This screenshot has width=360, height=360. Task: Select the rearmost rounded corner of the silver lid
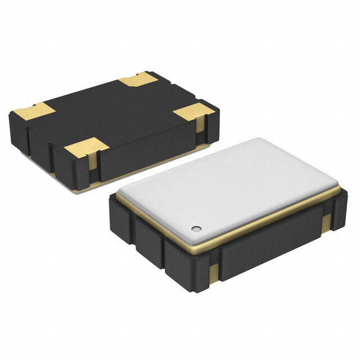(258, 141)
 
